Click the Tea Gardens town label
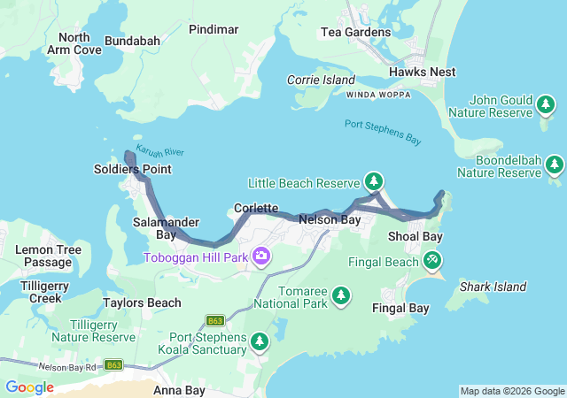[x=354, y=33]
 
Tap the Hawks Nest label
[x=422, y=72]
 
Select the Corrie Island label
[x=320, y=80]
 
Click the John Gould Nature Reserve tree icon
[x=548, y=106]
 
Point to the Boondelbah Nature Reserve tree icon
[x=555, y=165]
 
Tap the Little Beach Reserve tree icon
[x=374, y=183]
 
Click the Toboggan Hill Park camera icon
[x=261, y=257]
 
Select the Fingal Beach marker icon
[x=431, y=261]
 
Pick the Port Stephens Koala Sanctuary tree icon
[x=259, y=341]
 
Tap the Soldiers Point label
[x=133, y=169]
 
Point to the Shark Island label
[x=493, y=287]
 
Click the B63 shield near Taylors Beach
[x=214, y=320]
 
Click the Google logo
[x=29, y=387]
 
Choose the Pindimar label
[x=214, y=29]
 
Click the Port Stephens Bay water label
[x=382, y=133]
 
